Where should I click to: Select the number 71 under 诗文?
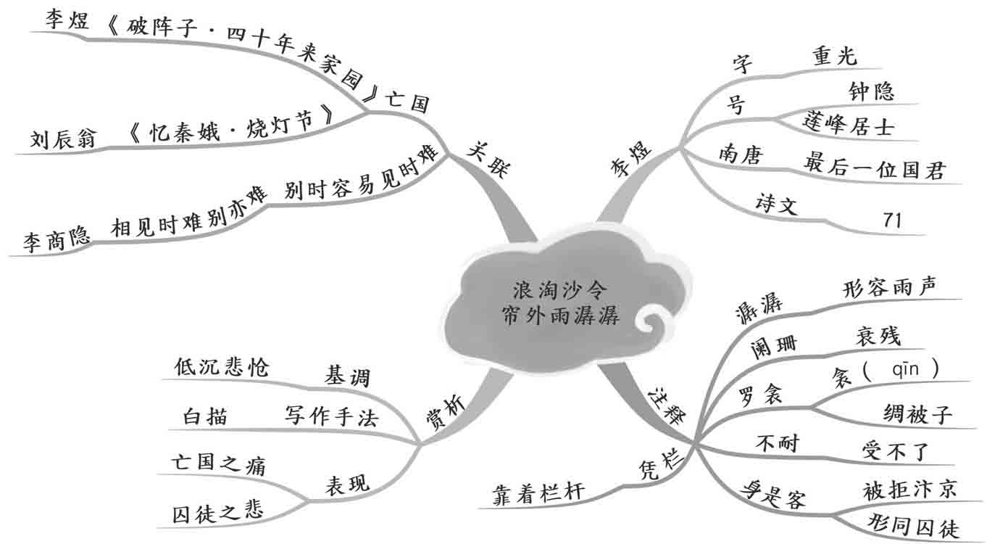point(892,220)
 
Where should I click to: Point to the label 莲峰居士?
point(849,124)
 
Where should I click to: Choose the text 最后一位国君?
point(874,171)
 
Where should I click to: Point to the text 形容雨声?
point(889,287)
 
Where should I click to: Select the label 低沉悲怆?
point(221,368)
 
